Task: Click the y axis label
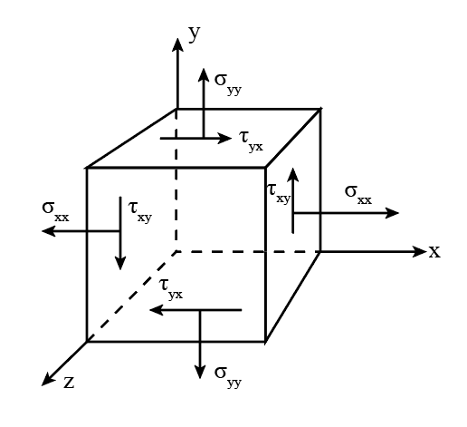[195, 34]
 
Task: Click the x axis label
[434, 251]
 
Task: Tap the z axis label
[69, 383]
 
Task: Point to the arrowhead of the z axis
[47, 380]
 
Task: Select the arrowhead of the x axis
[419, 251]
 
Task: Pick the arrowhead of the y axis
[177, 44]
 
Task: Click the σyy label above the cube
[228, 83]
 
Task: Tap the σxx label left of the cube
[56, 210]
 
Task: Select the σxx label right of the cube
[358, 194]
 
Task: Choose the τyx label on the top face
[251, 141]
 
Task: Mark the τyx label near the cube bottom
[171, 288]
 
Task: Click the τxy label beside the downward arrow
[140, 211]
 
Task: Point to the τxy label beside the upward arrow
[279, 193]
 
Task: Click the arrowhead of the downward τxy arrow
[120, 263]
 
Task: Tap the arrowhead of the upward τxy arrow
[292, 175]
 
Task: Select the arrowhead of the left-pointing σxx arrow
[48, 231]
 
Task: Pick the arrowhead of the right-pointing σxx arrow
[392, 213]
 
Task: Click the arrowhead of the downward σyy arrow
[200, 372]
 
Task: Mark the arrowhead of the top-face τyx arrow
[224, 139]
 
